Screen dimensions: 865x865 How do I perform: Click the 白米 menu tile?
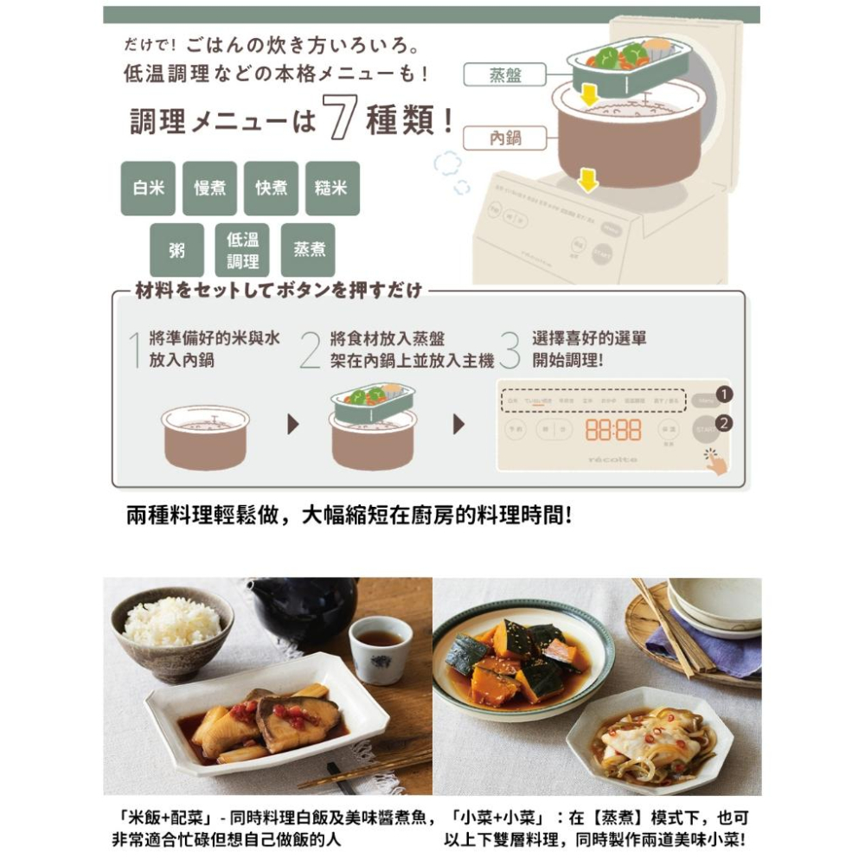point(148,188)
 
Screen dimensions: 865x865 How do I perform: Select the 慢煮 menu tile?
point(209,188)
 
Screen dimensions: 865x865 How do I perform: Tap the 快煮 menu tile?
point(271,188)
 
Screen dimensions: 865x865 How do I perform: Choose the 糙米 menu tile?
point(332,188)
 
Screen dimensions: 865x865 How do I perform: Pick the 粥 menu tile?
point(176,250)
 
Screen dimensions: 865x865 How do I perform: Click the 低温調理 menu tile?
point(242,250)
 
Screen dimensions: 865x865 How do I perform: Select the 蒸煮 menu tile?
point(308,250)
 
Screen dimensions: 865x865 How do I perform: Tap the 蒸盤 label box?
point(505,75)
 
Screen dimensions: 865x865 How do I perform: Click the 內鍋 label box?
point(505,138)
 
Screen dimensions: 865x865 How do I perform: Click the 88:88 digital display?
point(613,430)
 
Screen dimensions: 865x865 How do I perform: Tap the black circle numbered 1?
point(724,395)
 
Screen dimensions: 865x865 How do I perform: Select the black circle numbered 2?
point(724,424)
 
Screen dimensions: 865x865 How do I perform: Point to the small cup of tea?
point(380,648)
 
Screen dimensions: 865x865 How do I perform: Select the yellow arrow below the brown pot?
point(588,181)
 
